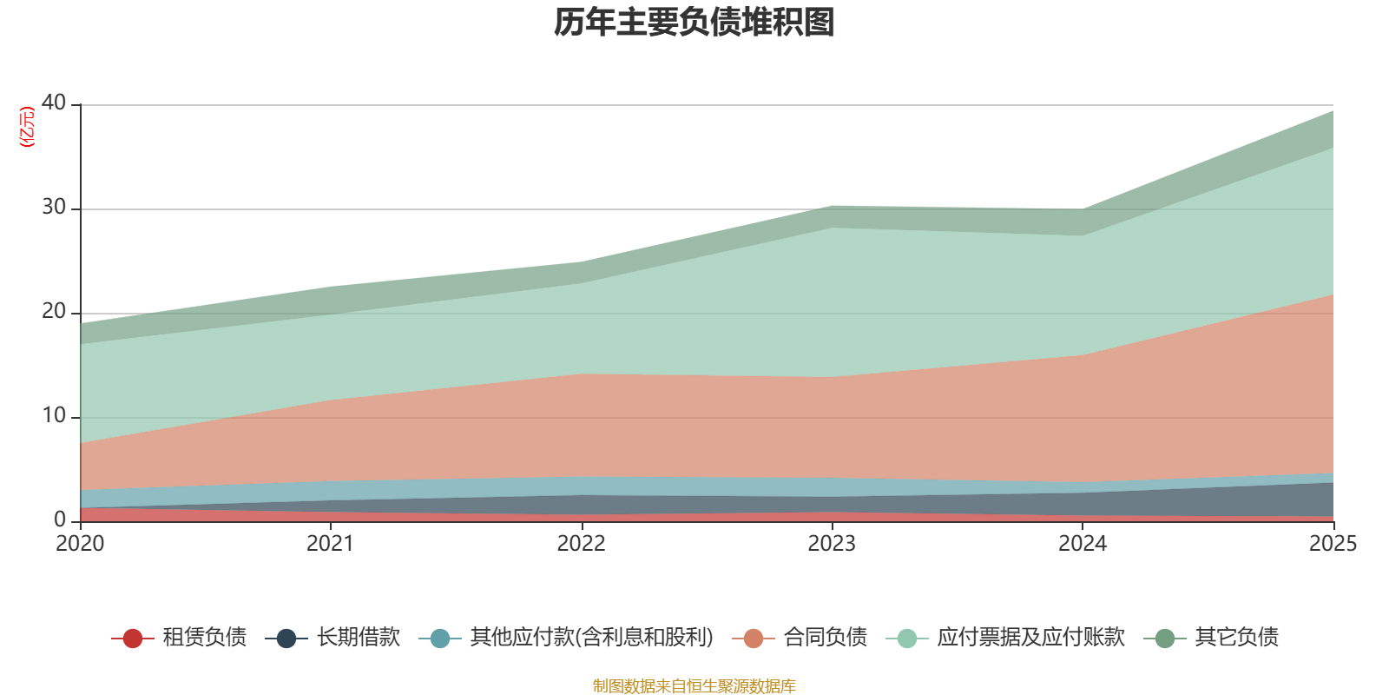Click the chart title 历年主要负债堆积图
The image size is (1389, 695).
click(x=694, y=23)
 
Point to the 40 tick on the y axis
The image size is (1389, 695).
click(x=54, y=103)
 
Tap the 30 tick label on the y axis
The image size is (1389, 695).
click(x=54, y=208)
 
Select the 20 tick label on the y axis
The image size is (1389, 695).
click(x=54, y=312)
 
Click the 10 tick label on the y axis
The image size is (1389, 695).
click(x=54, y=416)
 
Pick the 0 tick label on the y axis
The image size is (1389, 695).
click(x=60, y=520)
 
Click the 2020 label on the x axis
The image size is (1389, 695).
click(x=80, y=544)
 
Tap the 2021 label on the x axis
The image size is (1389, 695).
click(x=331, y=544)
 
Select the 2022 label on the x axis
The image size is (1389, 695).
click(x=581, y=544)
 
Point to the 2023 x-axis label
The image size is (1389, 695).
click(x=832, y=544)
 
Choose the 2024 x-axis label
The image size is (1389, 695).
click(x=1083, y=544)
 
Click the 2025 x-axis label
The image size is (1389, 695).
click(x=1333, y=544)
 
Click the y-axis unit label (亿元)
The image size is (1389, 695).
click(x=27, y=127)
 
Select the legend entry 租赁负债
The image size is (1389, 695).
click(x=180, y=638)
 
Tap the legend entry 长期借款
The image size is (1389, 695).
click(x=338, y=638)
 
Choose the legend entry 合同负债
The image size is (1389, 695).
click(x=800, y=638)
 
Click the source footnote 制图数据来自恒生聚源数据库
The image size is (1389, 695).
click(x=694, y=686)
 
